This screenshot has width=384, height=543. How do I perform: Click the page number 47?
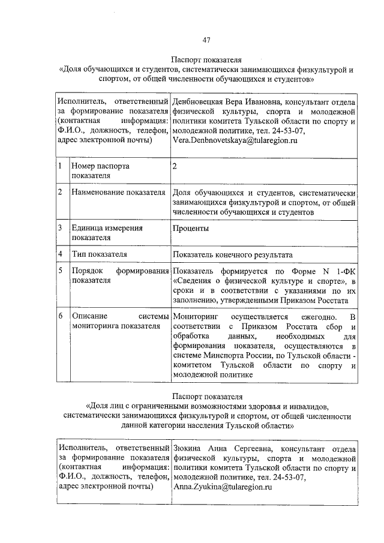[206, 40]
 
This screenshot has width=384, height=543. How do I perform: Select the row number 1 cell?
[61, 166]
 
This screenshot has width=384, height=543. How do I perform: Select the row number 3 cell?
[61, 229]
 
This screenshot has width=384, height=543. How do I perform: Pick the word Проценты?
[191, 229]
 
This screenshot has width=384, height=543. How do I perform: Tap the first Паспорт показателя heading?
[206, 61]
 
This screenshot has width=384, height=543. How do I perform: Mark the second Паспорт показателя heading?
[206, 397]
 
